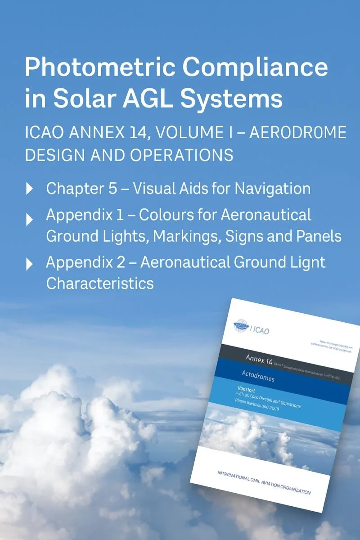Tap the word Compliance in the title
coord(254,67)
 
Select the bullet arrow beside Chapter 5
coord(30,189)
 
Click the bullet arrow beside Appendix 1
coord(30,219)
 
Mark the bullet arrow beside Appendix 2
coord(30,264)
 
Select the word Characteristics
coord(100,283)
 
